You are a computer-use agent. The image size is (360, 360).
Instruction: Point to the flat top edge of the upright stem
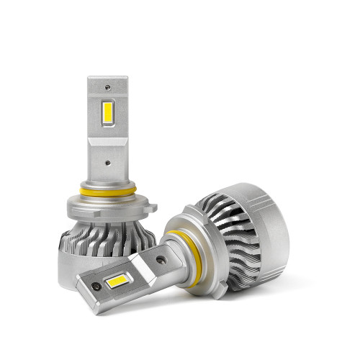tap(107, 78)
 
